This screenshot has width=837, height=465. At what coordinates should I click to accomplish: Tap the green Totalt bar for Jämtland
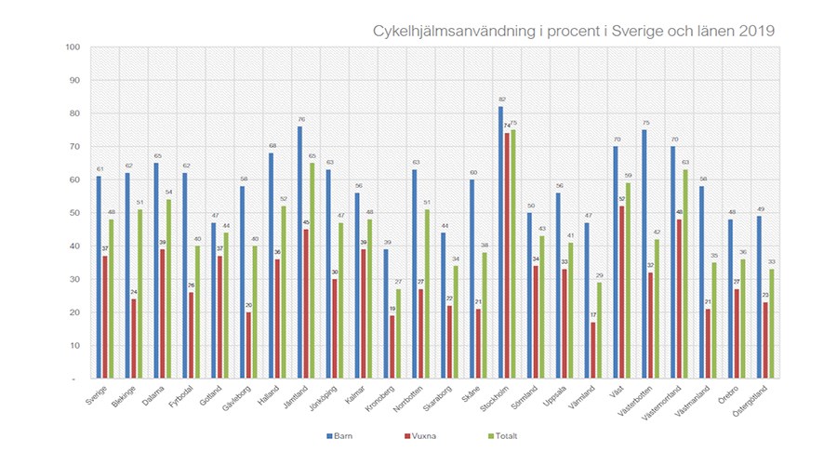(x=311, y=271)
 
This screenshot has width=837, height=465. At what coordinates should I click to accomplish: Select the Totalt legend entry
(x=507, y=435)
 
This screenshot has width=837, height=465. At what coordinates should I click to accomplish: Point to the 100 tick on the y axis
(x=73, y=46)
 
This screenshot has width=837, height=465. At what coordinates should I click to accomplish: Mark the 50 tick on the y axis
(x=74, y=213)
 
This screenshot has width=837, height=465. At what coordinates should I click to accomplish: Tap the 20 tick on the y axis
(x=74, y=312)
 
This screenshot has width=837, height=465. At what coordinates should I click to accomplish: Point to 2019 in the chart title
(x=756, y=30)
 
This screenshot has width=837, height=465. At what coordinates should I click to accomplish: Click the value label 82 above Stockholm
(x=500, y=100)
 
